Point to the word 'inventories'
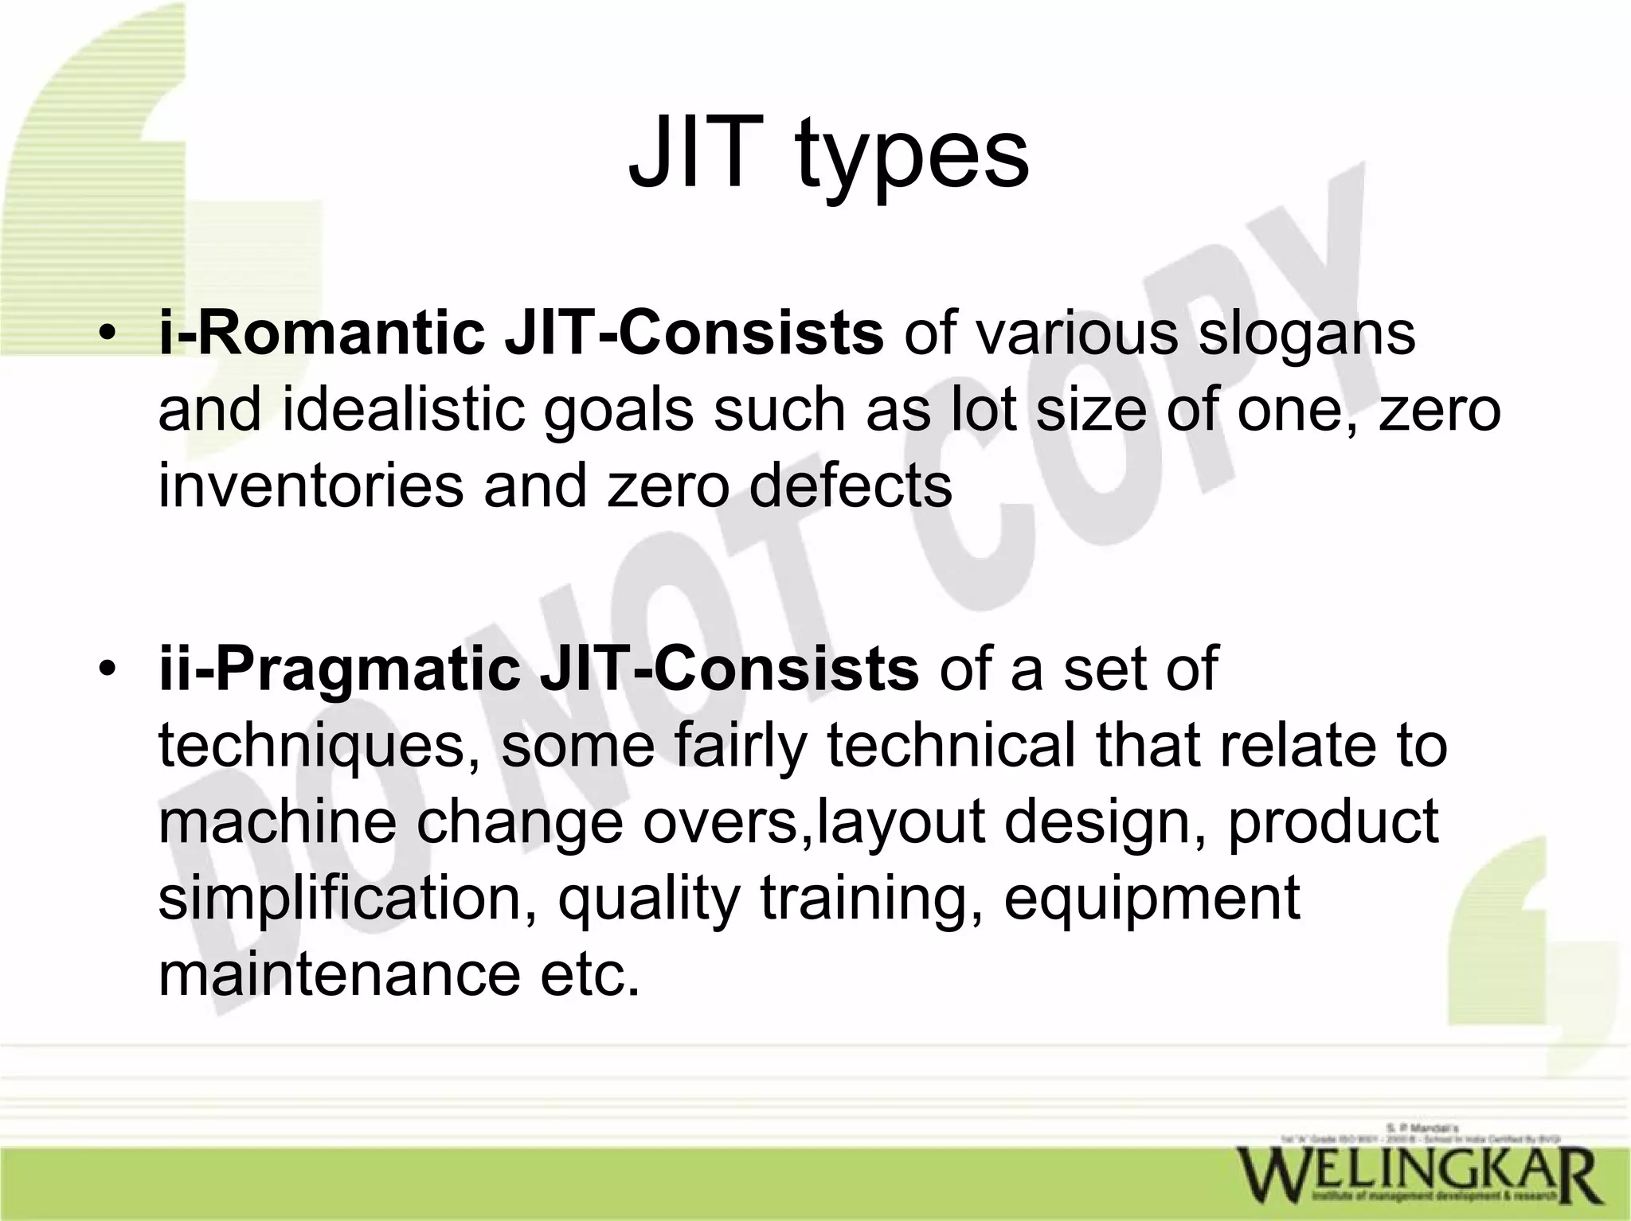click(311, 485)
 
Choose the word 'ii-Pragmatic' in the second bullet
click(339, 669)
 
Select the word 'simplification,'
click(347, 898)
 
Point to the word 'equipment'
click(1152, 898)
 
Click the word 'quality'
click(648, 898)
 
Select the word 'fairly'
click(741, 746)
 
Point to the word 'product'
click(1333, 821)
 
